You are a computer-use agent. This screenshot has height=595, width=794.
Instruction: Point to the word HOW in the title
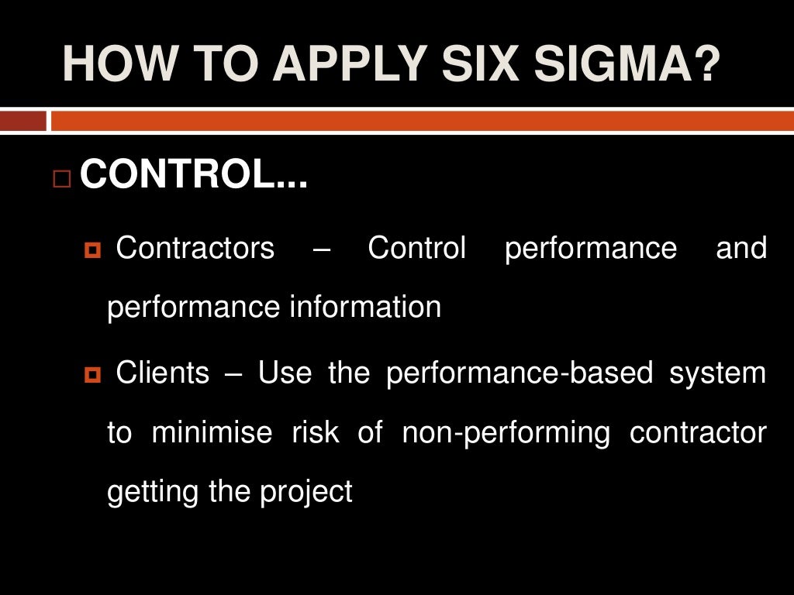(115, 64)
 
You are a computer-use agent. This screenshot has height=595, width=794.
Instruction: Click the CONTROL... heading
(194, 176)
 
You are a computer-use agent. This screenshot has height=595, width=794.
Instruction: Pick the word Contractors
(195, 249)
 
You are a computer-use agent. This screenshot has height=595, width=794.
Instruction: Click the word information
(365, 308)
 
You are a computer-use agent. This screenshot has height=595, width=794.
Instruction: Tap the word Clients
(163, 373)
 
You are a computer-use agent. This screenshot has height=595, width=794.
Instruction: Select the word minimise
(212, 432)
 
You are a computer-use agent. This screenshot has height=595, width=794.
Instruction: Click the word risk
(316, 432)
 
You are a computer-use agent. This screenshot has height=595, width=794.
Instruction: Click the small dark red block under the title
(22, 121)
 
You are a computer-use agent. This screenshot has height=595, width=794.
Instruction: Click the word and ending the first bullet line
(741, 249)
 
